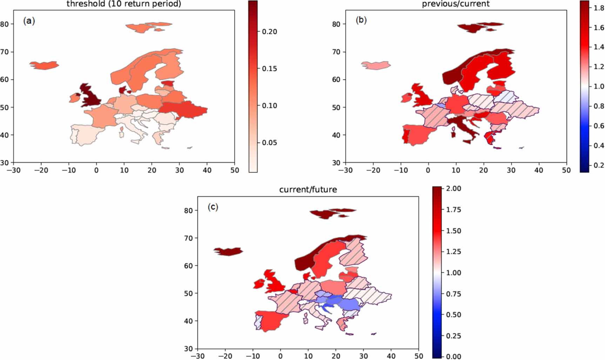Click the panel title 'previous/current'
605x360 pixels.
(456, 4)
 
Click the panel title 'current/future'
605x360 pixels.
(308, 190)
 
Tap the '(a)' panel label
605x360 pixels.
(29, 21)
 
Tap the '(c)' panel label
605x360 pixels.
(213, 207)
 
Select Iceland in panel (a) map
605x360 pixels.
(44, 65)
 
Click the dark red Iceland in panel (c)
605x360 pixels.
(228, 251)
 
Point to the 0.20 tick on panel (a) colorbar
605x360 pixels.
(269, 32)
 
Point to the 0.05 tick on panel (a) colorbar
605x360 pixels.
(269, 143)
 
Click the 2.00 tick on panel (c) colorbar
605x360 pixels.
(453, 189)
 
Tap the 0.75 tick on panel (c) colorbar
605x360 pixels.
(453, 294)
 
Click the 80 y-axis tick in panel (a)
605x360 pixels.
(5, 24)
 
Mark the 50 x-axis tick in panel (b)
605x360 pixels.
(566, 170)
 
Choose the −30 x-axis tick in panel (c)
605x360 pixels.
(197, 356)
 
